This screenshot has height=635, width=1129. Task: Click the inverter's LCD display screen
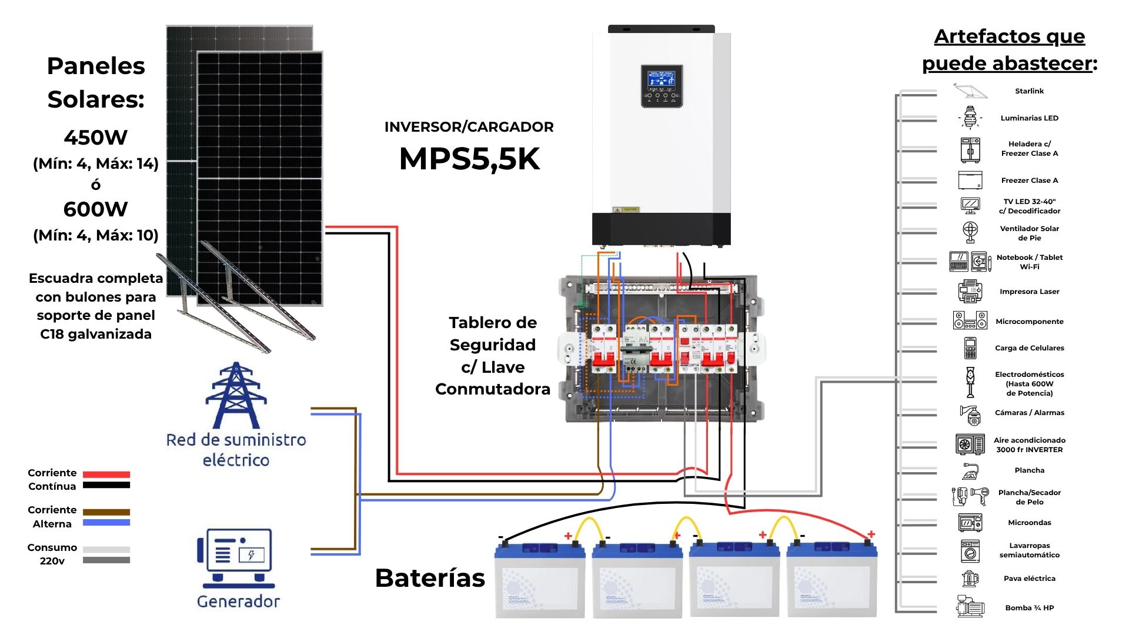(x=662, y=79)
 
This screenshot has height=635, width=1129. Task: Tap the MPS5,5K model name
(x=469, y=159)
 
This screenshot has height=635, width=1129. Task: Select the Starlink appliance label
(x=1029, y=91)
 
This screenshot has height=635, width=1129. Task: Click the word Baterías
(x=430, y=578)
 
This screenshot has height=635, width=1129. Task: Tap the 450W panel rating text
(x=96, y=138)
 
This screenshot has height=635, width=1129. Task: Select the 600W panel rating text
(x=96, y=209)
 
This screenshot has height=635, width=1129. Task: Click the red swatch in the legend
(x=106, y=474)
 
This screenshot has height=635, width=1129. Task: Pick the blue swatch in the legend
(x=106, y=522)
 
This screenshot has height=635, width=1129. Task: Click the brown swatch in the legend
(x=106, y=512)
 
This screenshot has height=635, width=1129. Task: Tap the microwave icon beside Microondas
(x=970, y=523)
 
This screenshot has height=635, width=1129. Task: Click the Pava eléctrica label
(x=1029, y=579)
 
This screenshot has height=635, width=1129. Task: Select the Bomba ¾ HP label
(x=1029, y=608)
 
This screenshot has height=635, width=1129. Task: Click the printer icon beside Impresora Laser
(x=970, y=292)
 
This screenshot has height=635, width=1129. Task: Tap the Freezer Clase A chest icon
(x=970, y=180)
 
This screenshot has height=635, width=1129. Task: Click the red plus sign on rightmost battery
(x=871, y=534)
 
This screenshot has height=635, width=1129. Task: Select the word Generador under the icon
(x=238, y=601)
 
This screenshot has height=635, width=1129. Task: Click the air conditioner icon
(x=970, y=444)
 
